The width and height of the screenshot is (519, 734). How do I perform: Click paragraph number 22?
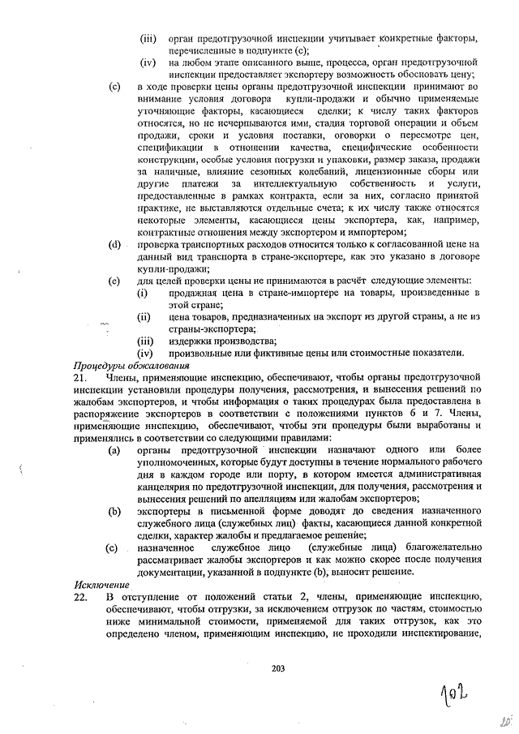(80, 597)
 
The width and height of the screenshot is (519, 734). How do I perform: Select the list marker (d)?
(115, 244)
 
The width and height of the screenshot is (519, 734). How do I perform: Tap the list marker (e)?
(115, 280)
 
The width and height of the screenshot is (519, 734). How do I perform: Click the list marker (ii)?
(144, 316)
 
